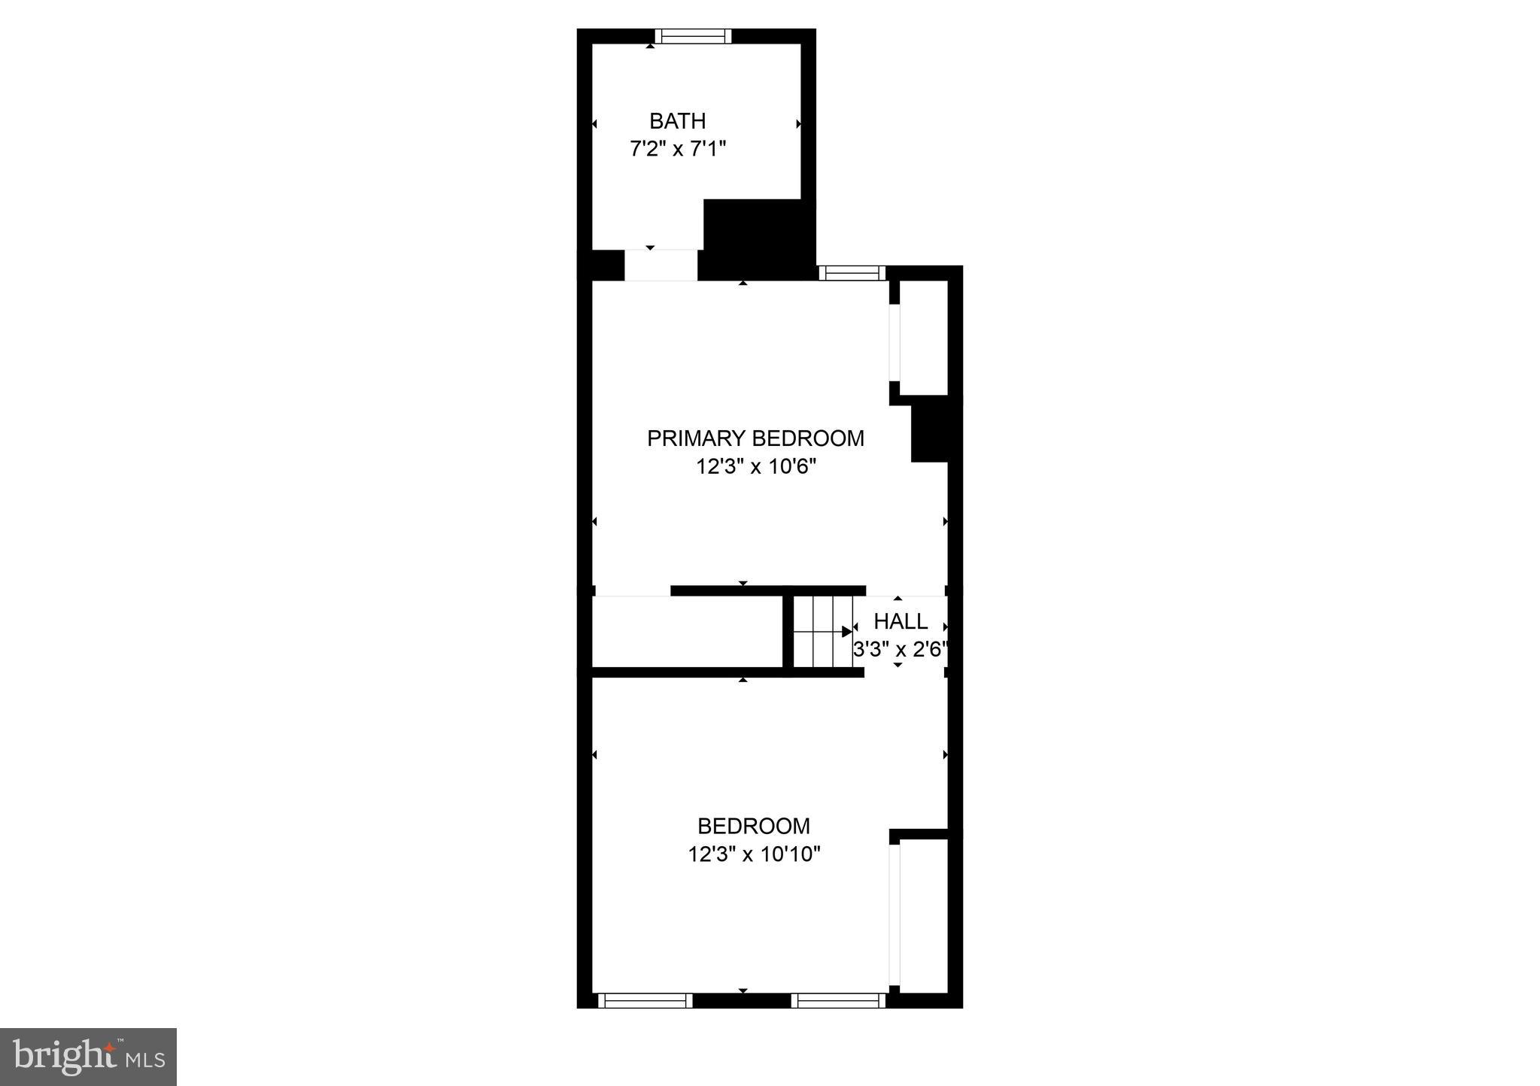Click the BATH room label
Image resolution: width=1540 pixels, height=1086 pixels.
click(x=677, y=120)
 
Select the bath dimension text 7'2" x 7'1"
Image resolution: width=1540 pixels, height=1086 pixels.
click(x=677, y=149)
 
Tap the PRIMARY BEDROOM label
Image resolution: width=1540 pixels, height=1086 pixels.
click(x=755, y=438)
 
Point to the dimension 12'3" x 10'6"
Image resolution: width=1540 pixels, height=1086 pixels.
click(x=755, y=467)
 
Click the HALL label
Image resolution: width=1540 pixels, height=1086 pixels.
click(x=901, y=622)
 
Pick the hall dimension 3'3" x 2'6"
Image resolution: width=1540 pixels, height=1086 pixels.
click(x=899, y=649)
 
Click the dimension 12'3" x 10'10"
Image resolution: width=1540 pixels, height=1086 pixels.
click(x=754, y=854)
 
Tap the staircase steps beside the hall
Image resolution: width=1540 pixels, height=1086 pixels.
click(x=822, y=632)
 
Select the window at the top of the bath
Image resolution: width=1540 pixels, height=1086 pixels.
click(x=693, y=36)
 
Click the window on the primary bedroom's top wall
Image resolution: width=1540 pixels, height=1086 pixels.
click(x=852, y=273)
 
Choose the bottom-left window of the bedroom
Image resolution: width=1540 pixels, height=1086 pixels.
click(x=645, y=1000)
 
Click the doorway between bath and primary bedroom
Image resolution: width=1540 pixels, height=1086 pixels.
click(x=661, y=265)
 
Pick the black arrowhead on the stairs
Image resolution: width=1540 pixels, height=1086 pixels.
click(x=846, y=632)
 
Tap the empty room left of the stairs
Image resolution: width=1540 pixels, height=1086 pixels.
click(x=688, y=632)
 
